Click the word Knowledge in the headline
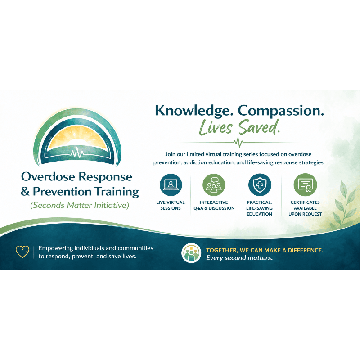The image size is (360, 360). (193, 111)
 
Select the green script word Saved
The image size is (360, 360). (260, 127)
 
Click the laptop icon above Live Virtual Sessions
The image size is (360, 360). (171, 185)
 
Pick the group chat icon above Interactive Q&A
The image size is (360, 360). (214, 185)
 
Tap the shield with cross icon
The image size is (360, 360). (260, 185)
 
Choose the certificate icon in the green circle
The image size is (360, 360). (305, 185)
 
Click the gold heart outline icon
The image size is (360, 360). (22, 252)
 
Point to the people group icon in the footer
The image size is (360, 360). (191, 253)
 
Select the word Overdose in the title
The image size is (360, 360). (48, 177)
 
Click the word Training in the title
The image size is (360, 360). (117, 192)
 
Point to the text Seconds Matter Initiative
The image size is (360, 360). (80, 205)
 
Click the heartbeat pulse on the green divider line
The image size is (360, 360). (238, 142)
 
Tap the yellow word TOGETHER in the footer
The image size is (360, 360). (222, 250)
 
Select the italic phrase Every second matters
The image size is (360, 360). (239, 258)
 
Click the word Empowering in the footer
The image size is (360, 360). (56, 248)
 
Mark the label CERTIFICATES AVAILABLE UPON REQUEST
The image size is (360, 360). (305, 208)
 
